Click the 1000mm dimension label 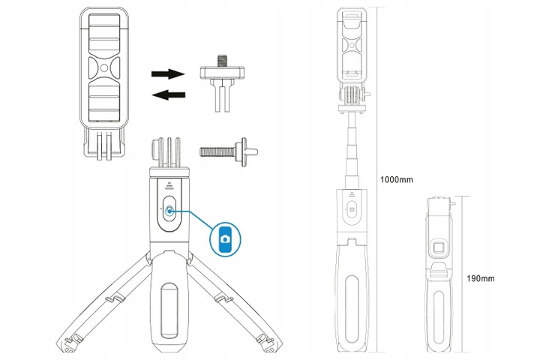(x=396, y=179)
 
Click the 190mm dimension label (x=481, y=278)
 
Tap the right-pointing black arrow (x=168, y=73)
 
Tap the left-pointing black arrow (x=169, y=94)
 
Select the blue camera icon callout (x=226, y=239)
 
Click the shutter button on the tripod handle (x=169, y=211)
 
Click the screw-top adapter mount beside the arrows (x=222, y=82)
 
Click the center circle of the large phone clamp (x=104, y=67)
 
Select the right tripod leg (x=234, y=303)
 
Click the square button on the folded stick (x=439, y=248)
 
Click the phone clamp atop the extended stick (x=352, y=45)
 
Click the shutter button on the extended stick (x=352, y=209)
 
